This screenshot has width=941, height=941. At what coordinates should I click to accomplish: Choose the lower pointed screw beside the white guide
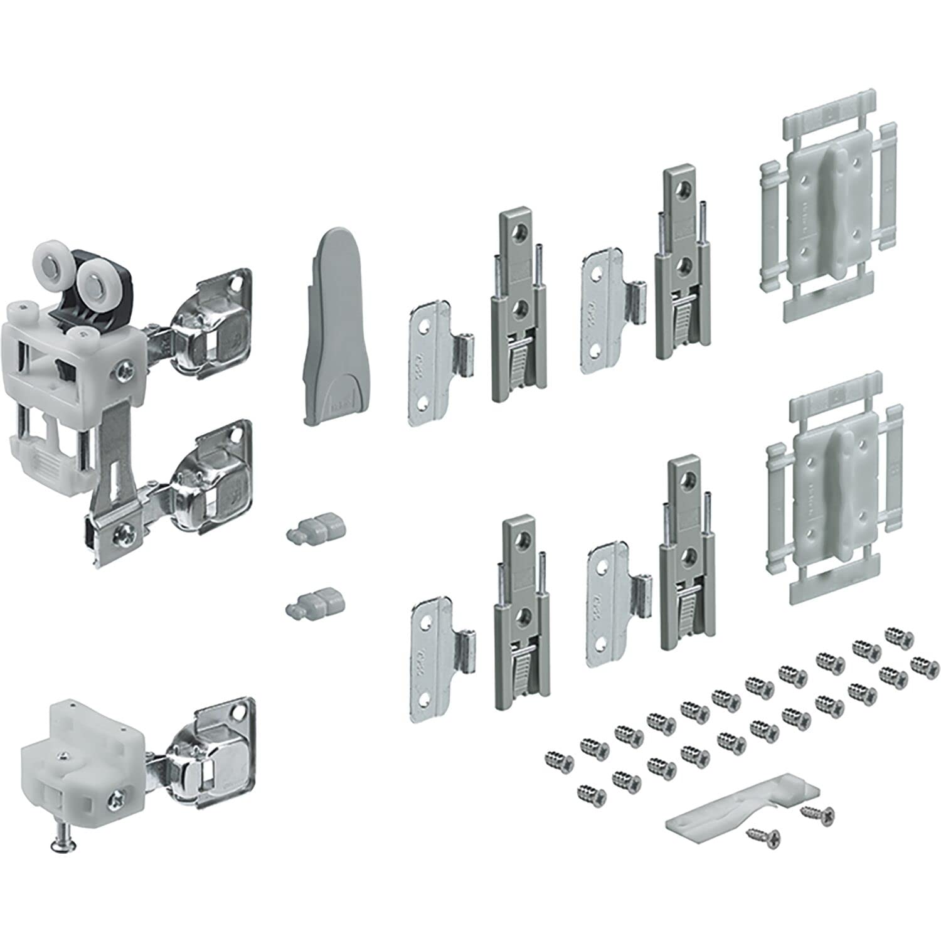(763, 835)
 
